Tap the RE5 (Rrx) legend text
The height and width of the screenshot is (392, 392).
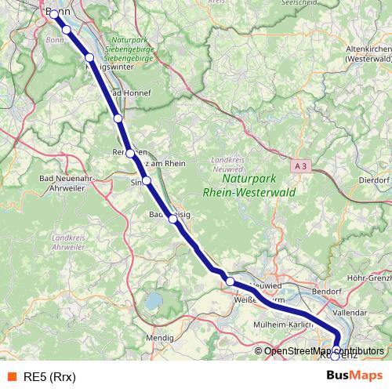[x=49, y=376]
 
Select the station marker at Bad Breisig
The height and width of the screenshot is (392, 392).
[x=173, y=220]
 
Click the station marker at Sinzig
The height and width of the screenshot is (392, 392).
[x=147, y=180]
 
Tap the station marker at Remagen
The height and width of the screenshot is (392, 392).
[x=130, y=154]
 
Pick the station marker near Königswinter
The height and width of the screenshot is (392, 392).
[x=89, y=58]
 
